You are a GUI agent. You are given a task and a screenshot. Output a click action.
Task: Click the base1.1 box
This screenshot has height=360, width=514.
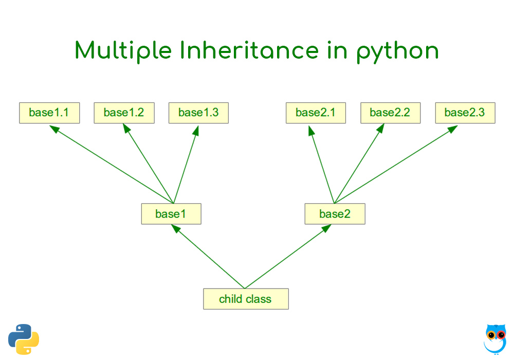[49, 113]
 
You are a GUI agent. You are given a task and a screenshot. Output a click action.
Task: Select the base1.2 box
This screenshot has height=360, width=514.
[124, 113]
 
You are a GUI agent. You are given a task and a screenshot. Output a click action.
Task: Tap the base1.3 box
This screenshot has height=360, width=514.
[198, 113]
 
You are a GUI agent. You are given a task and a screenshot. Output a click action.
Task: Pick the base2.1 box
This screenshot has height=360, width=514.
[316, 113]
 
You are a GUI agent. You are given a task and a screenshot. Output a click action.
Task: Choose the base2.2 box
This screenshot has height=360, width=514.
[390, 113]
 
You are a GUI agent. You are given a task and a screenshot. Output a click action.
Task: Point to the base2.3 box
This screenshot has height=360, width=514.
[465, 113]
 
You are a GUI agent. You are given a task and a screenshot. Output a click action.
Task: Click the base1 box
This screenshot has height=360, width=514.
[171, 214]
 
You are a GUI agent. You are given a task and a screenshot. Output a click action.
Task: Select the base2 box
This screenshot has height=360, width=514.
[335, 214]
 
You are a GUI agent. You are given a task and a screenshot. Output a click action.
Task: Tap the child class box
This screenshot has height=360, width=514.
[246, 299]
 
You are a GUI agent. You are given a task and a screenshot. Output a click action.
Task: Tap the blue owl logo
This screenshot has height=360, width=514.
[495, 339]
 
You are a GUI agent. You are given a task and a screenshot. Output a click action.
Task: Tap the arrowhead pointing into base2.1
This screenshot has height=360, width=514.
[311, 130]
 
